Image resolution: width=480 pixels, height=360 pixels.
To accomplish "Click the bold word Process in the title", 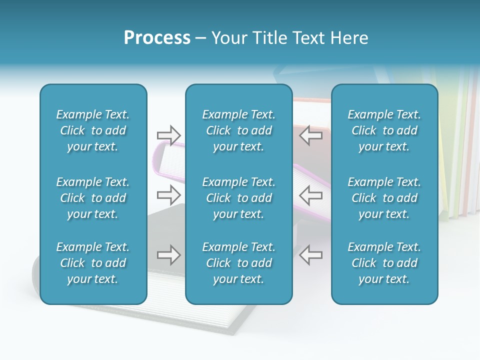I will pyautogui.click(x=157, y=38).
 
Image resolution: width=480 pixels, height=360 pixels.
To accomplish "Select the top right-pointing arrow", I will pyautogui.click(x=168, y=134).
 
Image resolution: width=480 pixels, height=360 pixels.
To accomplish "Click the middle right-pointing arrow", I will pyautogui.click(x=168, y=194).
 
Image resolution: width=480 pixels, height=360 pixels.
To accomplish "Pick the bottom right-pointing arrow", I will pyautogui.click(x=168, y=254).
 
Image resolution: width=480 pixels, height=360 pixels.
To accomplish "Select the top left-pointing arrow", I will pyautogui.click(x=310, y=134).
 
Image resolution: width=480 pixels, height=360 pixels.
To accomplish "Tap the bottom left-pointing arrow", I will pyautogui.click(x=310, y=254).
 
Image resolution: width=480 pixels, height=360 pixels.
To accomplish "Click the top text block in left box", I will pyautogui.click(x=93, y=130).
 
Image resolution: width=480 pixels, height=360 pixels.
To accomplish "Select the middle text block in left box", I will pyautogui.click(x=93, y=198).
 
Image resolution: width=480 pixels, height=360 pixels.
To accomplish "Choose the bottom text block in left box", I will pyautogui.click(x=93, y=263).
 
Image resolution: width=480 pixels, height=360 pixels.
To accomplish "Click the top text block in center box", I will pyautogui.click(x=239, y=130).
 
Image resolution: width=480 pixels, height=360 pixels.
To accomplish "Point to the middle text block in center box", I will pyautogui.click(x=239, y=198).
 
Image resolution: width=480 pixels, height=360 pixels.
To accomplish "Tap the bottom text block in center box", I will pyautogui.click(x=239, y=263).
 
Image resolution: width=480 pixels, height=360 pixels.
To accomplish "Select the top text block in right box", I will pyautogui.click(x=384, y=130).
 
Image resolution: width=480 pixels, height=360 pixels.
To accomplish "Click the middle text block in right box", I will pyautogui.click(x=384, y=198).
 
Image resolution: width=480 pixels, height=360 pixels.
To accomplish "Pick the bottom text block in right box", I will pyautogui.click(x=384, y=263).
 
